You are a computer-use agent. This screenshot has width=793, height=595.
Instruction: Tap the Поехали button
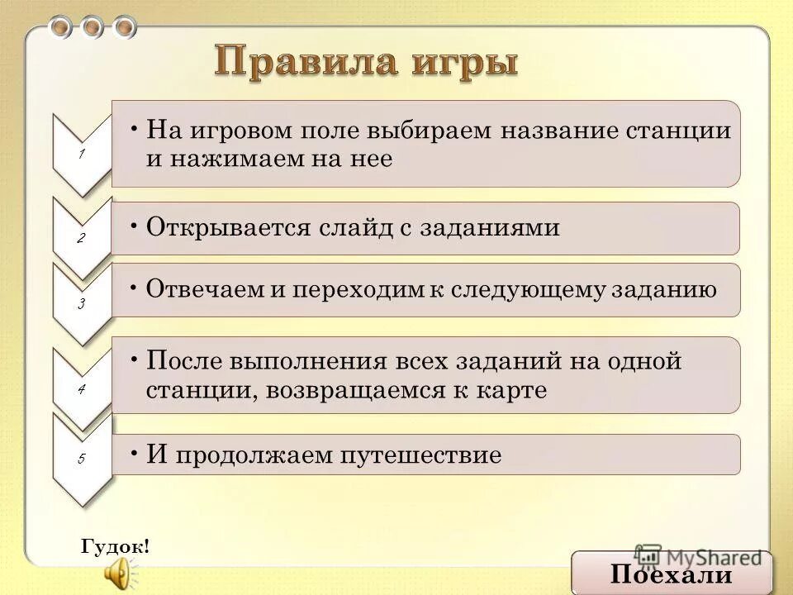(x=672, y=574)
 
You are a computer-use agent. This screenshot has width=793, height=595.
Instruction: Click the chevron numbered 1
(x=82, y=154)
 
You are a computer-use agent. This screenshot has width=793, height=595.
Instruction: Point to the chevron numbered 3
(x=82, y=303)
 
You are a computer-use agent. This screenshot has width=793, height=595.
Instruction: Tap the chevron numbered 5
(x=82, y=458)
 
